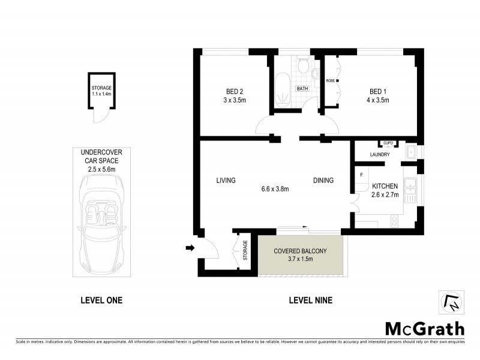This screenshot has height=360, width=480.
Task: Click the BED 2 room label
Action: point(229,91)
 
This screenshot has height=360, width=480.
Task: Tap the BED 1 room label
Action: point(379,91)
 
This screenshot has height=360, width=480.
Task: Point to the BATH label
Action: point(302,89)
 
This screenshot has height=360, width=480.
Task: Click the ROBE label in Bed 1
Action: point(330,80)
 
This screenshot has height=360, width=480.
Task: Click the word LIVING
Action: point(226,180)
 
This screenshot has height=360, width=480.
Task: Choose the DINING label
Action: point(322,180)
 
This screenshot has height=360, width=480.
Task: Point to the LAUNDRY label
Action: point(380,155)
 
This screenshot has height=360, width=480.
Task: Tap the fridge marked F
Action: point(361,175)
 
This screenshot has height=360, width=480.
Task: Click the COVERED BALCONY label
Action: point(300,251)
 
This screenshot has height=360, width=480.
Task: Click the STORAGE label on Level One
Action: point(101,88)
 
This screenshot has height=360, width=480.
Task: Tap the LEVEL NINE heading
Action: point(310,301)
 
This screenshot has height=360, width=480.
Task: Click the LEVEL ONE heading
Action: point(101,301)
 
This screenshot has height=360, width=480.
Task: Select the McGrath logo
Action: point(424,328)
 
